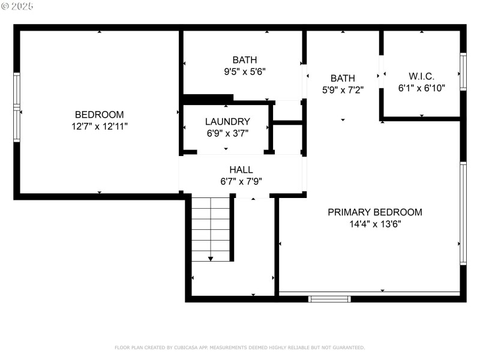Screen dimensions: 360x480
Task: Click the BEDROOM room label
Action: (x=99, y=115)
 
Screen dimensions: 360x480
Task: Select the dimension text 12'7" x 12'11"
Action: (x=99, y=126)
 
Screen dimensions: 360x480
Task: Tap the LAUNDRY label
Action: (x=227, y=121)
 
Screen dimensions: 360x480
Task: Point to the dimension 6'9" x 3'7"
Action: (x=227, y=133)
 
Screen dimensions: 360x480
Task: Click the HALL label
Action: (x=241, y=170)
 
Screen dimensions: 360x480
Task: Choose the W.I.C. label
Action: (x=421, y=76)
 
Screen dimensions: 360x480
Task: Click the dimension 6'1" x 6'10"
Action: (x=421, y=88)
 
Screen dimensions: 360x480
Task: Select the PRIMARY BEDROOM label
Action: (x=374, y=212)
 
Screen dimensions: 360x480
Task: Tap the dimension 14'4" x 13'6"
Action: (x=374, y=224)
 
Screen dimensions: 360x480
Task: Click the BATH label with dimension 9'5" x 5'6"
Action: (x=244, y=59)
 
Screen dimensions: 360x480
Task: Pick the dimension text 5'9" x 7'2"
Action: (x=343, y=89)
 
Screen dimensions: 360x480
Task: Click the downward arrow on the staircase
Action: (x=211, y=258)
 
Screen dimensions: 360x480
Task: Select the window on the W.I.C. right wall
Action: (x=463, y=73)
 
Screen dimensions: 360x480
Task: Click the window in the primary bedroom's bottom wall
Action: (x=329, y=298)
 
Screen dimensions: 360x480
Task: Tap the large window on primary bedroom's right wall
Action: (x=463, y=213)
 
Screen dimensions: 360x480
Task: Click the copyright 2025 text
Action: (x=18, y=6)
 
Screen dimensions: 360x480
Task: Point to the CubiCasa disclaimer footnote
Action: (x=239, y=347)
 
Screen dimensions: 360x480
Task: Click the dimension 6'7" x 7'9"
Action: (x=241, y=181)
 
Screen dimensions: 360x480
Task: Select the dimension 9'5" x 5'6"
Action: (x=244, y=71)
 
